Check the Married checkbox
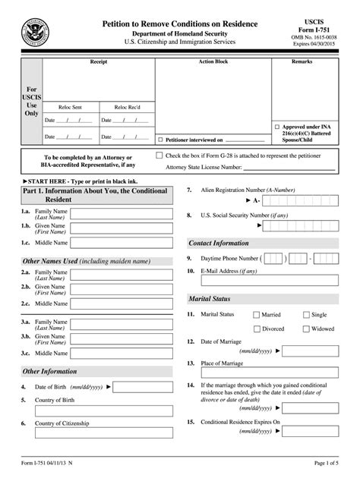pyautogui.click(x=256, y=314)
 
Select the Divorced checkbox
pyautogui.click(x=256, y=329)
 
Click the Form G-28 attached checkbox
pyautogui.click(x=159, y=155)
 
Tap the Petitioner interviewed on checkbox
pyautogui.click(x=159, y=140)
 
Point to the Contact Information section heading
pyautogui.click(x=219, y=243)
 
